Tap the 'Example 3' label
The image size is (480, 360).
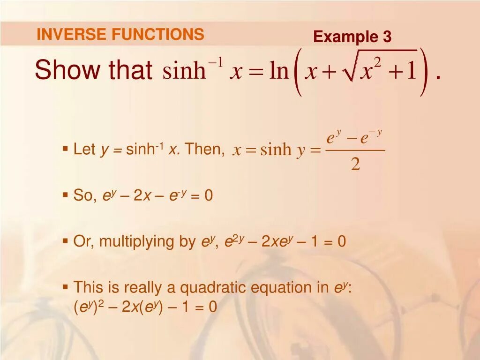(x=352, y=37)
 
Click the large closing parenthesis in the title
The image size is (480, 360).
(x=424, y=72)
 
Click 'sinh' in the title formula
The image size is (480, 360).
(x=184, y=71)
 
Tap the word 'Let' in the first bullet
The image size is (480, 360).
(x=84, y=150)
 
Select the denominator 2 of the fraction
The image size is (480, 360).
(x=355, y=164)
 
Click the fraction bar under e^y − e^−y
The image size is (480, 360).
(x=355, y=150)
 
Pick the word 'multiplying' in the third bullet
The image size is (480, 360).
(x=147, y=242)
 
